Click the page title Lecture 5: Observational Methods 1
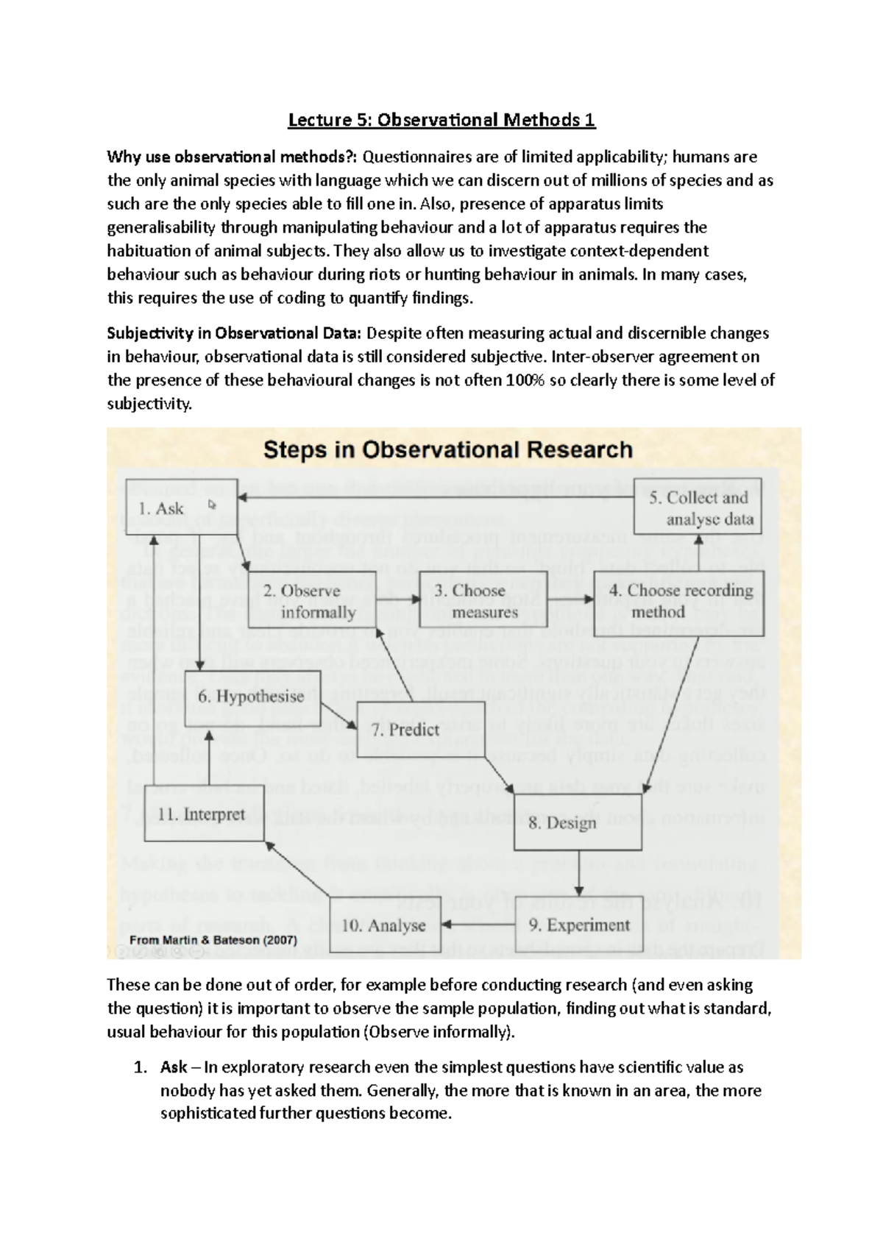441,119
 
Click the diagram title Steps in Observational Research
447,450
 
